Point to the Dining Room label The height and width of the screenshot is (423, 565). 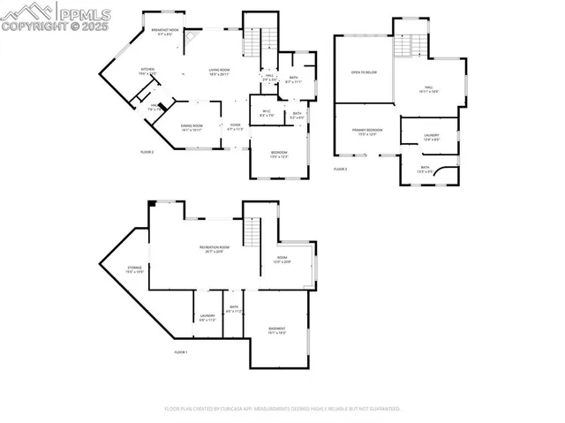click(192, 126)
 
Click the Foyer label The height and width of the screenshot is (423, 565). click(236, 126)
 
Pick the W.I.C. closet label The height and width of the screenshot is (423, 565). click(268, 112)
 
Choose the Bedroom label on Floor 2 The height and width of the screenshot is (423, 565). click(279, 155)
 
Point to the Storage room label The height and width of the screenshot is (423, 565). click(134, 269)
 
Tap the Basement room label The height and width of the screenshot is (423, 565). click(276, 330)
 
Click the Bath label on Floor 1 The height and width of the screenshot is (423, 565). click(233, 310)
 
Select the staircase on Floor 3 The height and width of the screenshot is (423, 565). click(405, 45)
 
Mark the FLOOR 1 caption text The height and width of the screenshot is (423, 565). click(180, 352)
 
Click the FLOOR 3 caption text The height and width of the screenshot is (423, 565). click(340, 168)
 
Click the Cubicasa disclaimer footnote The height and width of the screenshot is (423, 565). click(282, 409)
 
